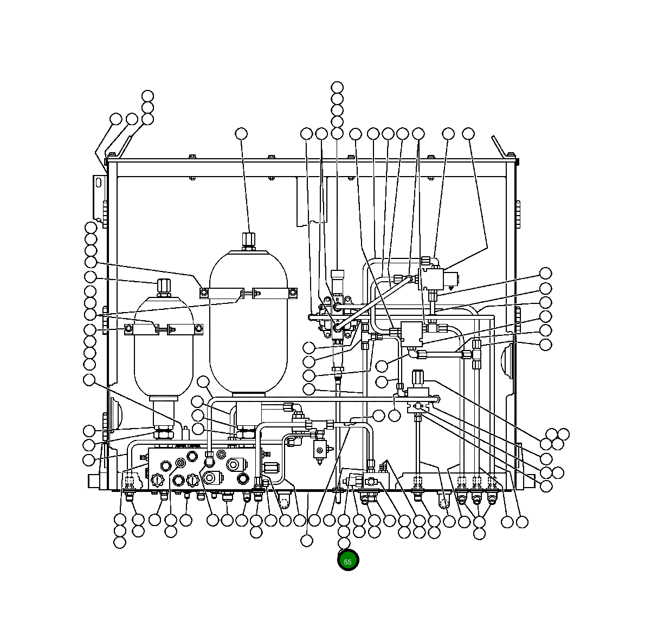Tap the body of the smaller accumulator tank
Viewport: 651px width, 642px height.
coord(163,358)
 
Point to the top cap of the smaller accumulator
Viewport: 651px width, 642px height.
coord(163,286)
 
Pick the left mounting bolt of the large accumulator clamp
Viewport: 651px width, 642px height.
coord(204,293)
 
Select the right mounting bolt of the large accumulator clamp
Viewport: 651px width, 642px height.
coord(293,293)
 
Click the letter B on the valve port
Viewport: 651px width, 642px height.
coord(338,299)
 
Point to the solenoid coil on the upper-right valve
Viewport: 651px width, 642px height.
coord(451,280)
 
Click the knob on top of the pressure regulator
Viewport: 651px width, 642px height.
coord(417,377)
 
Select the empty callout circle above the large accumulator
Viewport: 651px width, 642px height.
coord(241,133)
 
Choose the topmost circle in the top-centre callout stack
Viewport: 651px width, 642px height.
coord(337,87)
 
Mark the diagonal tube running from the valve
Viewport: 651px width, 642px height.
coord(374,303)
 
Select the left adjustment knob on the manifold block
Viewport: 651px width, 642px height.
coord(157,479)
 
